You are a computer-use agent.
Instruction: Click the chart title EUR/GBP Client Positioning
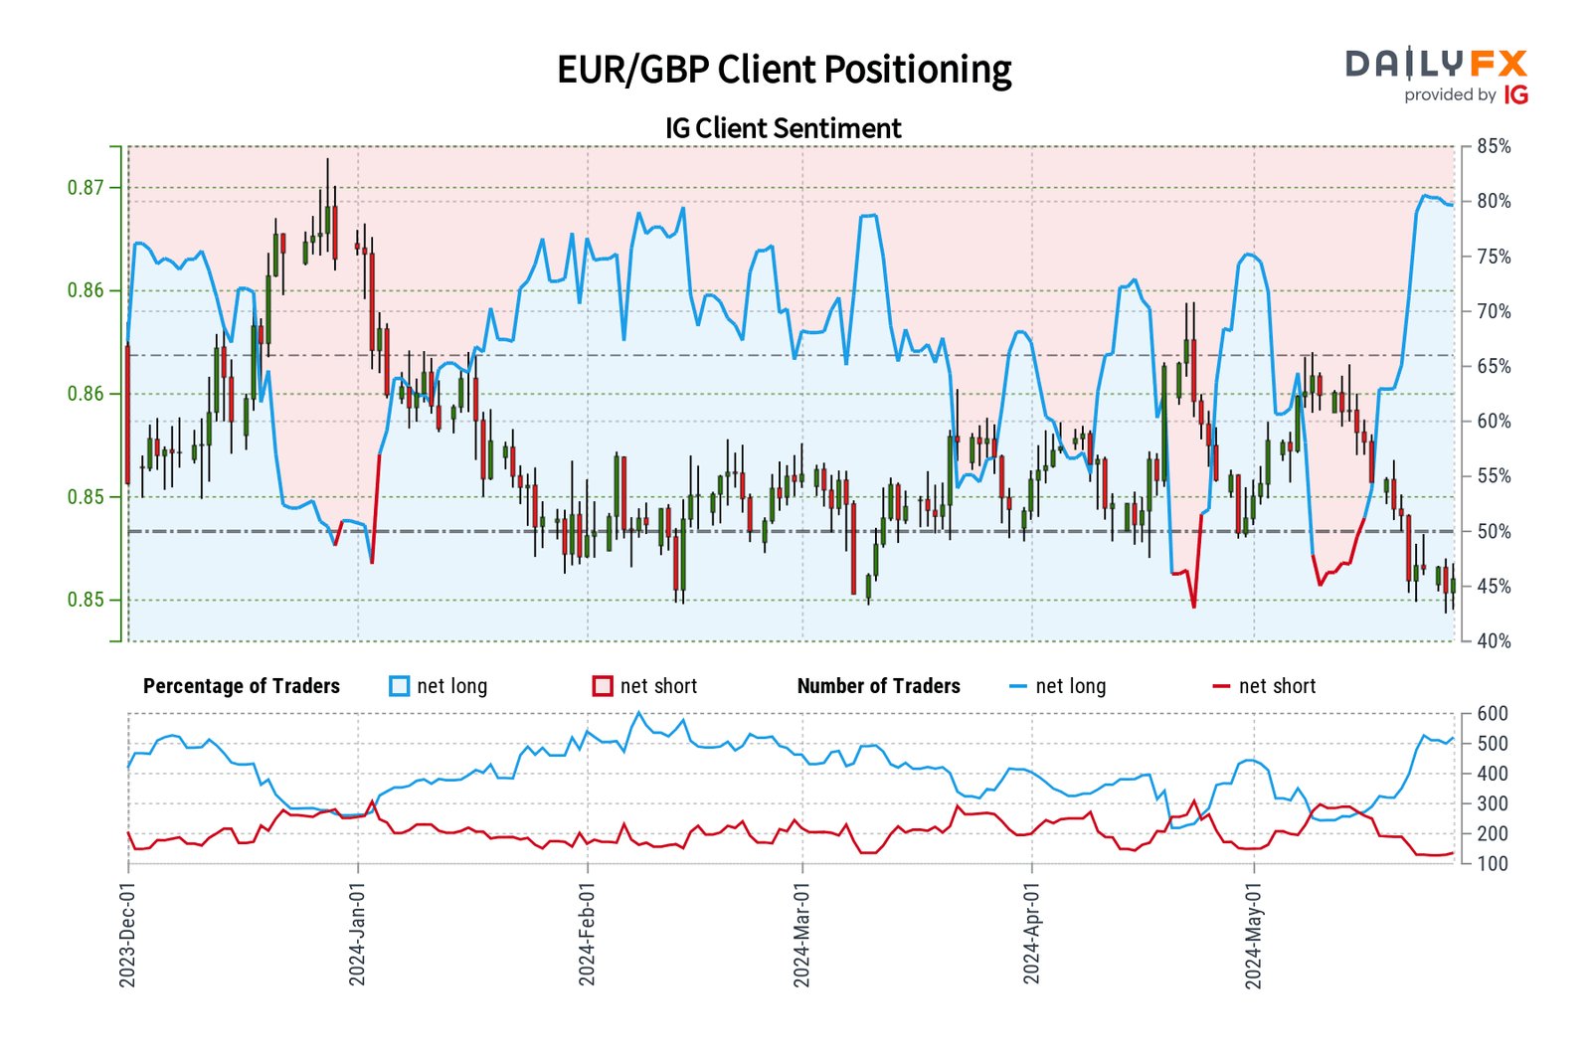click(784, 70)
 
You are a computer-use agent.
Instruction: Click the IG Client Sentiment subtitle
click(783, 128)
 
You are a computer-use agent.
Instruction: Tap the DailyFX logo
click(1436, 76)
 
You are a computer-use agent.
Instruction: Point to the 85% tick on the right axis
click(1494, 147)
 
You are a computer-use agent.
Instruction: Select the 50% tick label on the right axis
click(1494, 532)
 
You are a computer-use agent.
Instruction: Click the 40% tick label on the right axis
click(1494, 641)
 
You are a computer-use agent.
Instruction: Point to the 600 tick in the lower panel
click(1493, 714)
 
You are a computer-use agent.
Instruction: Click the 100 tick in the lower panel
click(1493, 864)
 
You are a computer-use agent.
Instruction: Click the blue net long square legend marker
click(400, 686)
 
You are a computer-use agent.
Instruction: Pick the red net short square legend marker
click(603, 686)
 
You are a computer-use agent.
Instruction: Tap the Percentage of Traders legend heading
click(242, 686)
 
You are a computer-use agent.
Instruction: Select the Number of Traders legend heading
click(879, 686)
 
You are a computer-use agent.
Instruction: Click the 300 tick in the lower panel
click(1493, 803)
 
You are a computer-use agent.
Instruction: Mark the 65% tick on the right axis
click(1494, 367)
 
